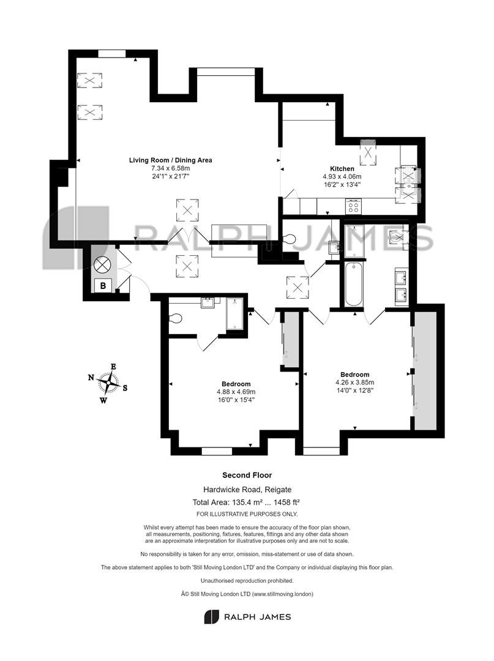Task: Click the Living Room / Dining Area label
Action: pyautogui.click(x=170, y=160)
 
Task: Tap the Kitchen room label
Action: pyautogui.click(x=342, y=169)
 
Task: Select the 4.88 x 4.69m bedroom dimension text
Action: pyautogui.click(x=236, y=392)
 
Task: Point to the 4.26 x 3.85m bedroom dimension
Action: pyautogui.click(x=354, y=383)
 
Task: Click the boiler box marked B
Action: pyautogui.click(x=103, y=285)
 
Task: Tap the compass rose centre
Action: pyautogui.click(x=109, y=383)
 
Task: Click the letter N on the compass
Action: pyautogui.click(x=91, y=378)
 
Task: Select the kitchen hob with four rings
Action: pyautogui.click(x=353, y=206)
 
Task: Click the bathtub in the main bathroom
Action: pyautogui.click(x=354, y=285)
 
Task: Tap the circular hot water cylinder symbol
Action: pyautogui.click(x=102, y=265)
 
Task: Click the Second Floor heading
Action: pyautogui.click(x=247, y=475)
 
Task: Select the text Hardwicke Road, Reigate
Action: pyautogui.click(x=247, y=490)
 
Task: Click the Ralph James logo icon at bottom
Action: pyautogui.click(x=212, y=617)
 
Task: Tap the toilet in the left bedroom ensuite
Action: pyautogui.click(x=175, y=318)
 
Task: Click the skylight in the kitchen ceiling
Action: pyautogui.click(x=368, y=152)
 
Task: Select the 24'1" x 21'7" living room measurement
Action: pyautogui.click(x=171, y=177)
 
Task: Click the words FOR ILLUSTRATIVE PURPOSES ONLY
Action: pyautogui.click(x=247, y=514)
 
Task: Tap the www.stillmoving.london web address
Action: pyautogui.click(x=282, y=594)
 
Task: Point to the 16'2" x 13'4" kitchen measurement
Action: pyautogui.click(x=342, y=184)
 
